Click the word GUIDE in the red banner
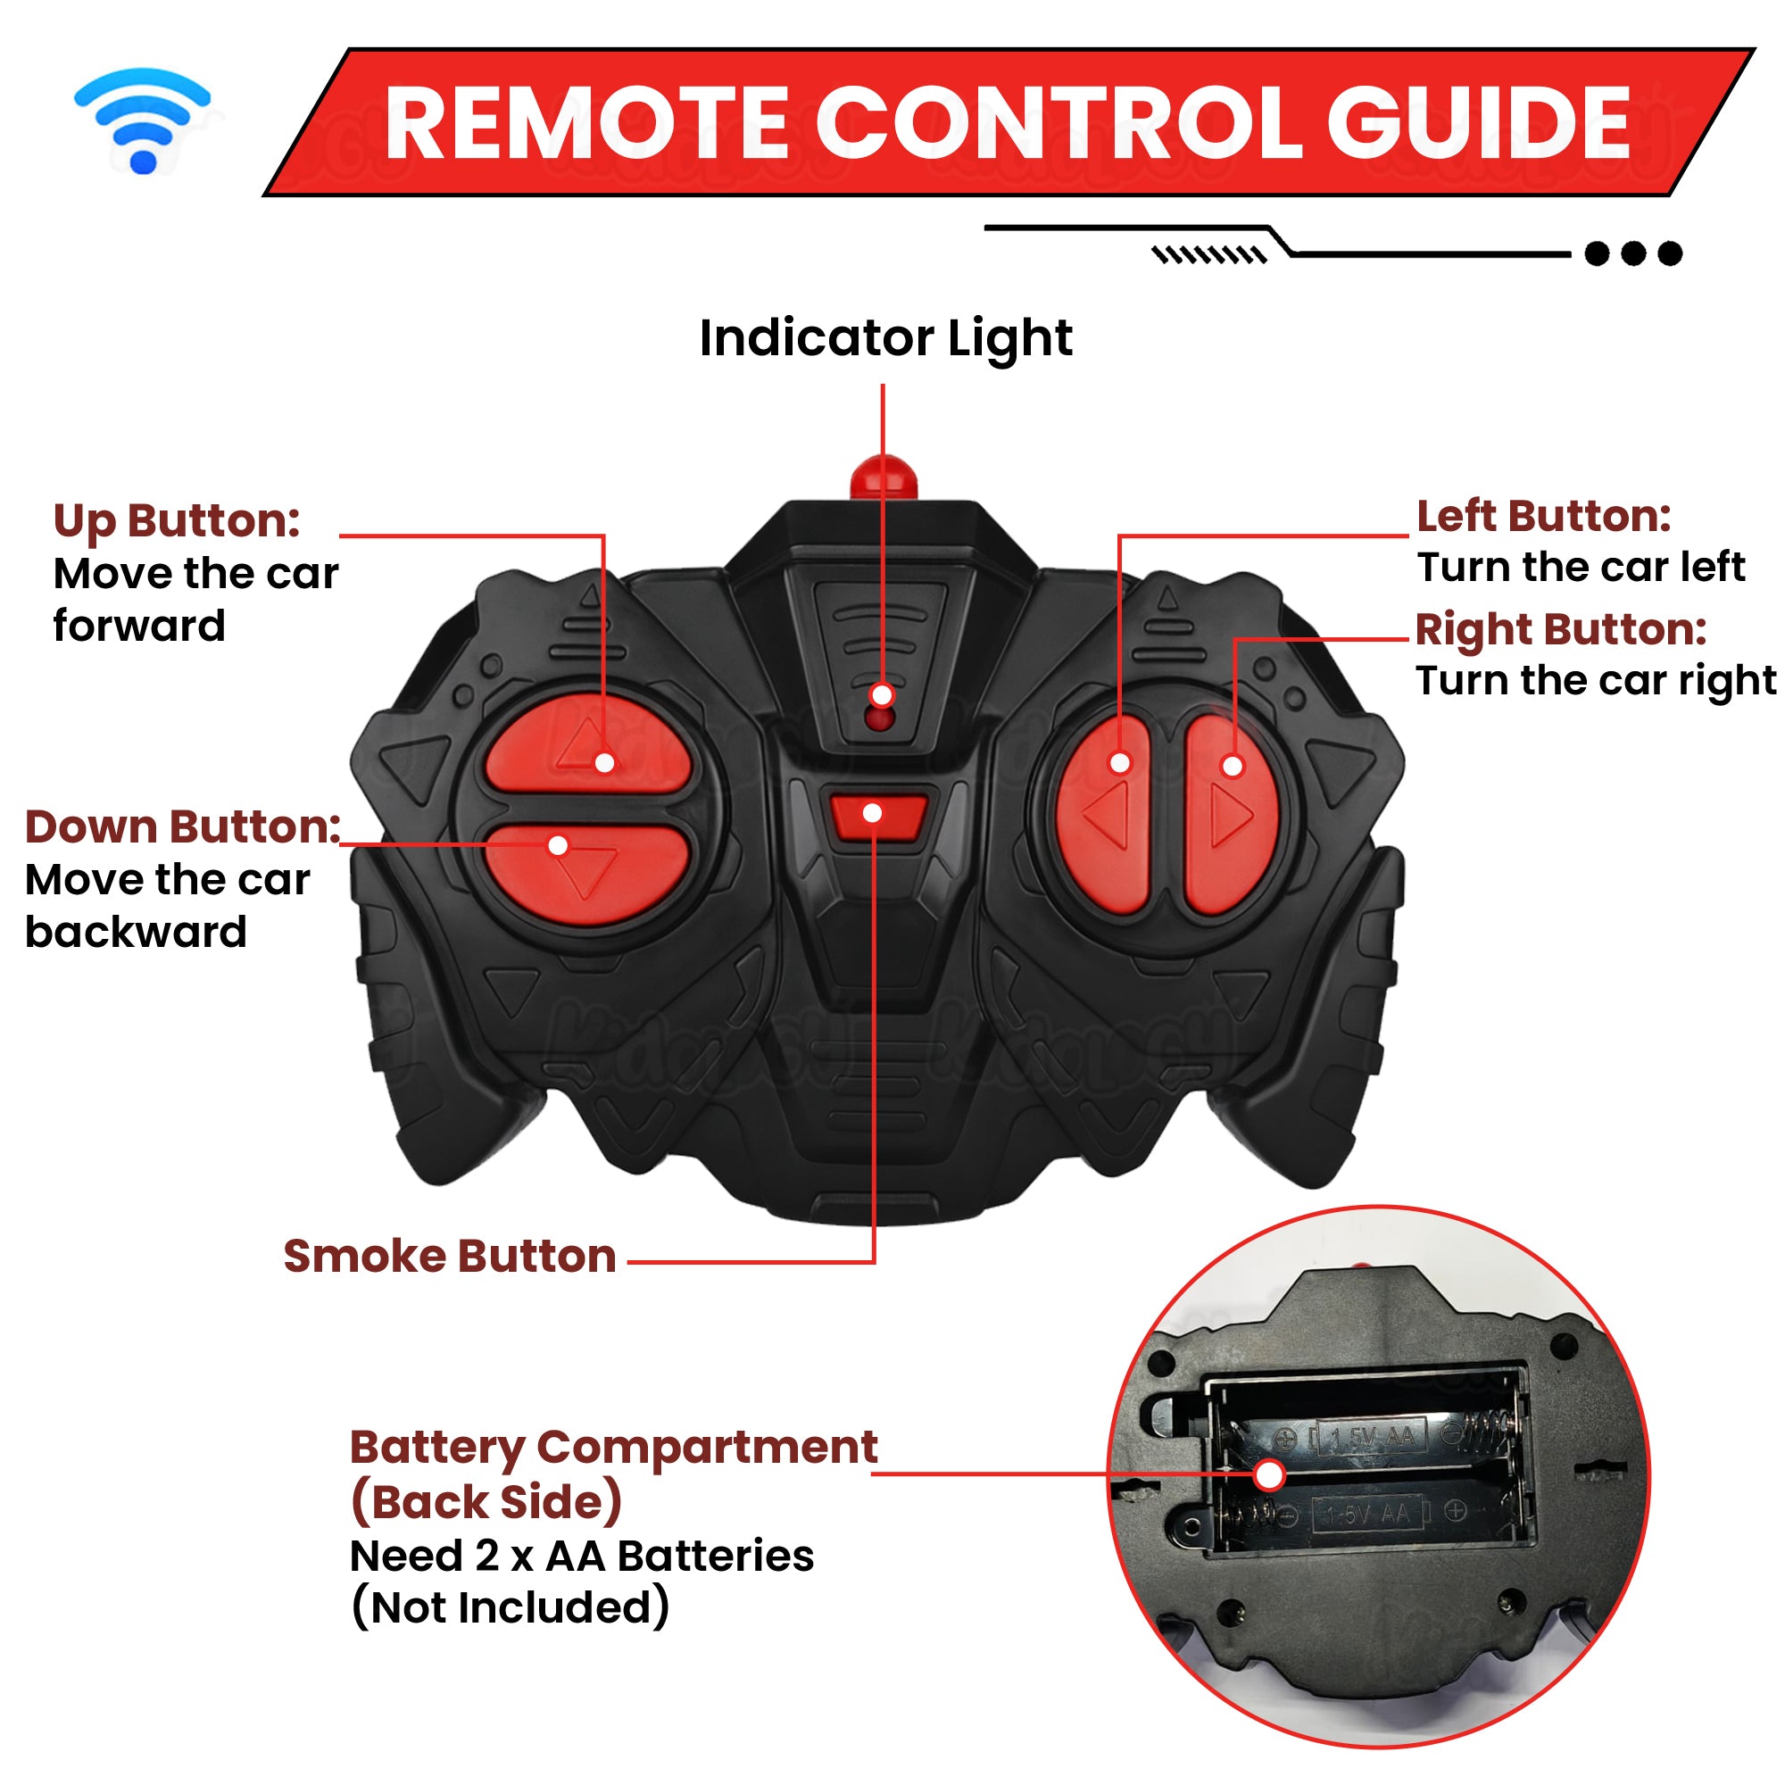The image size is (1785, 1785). [x=1478, y=123]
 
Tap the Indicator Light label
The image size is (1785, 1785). [x=885, y=338]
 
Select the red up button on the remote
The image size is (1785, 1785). [x=586, y=743]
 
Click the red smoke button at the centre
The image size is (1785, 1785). [x=876, y=816]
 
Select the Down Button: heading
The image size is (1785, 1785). [x=183, y=827]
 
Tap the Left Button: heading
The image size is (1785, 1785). [x=1544, y=516]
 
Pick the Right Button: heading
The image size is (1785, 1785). [x=1560, y=629]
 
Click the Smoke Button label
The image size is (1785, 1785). [x=450, y=1257]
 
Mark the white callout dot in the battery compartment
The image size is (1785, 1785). [x=1270, y=1475]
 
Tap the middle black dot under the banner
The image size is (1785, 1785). [x=1633, y=253]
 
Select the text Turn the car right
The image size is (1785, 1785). [x=1596, y=681]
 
